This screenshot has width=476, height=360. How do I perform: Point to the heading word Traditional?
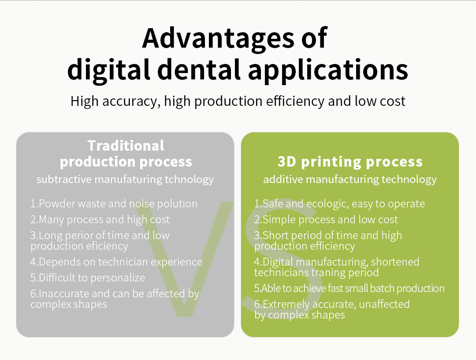(126, 146)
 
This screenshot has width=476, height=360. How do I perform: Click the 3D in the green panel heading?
(286, 161)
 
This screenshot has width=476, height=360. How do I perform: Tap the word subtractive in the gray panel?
(64, 179)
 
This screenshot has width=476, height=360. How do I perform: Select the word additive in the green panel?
(283, 179)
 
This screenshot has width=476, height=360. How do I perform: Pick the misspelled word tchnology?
(189, 180)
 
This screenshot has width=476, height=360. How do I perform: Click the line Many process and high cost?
(100, 220)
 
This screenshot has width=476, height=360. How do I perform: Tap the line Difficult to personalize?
(88, 278)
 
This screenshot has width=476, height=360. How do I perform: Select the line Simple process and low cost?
(326, 220)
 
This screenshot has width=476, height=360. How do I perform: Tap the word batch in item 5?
(382, 288)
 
